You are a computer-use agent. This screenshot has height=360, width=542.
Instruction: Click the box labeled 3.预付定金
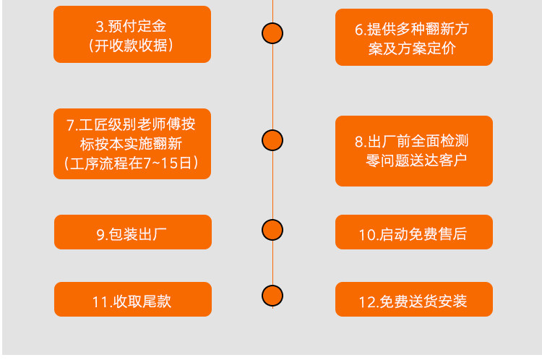pyautogui.click(x=132, y=34)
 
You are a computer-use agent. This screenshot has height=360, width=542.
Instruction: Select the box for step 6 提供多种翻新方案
pyautogui.click(x=414, y=37)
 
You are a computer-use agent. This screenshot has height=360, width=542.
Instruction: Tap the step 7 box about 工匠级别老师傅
pyautogui.click(x=132, y=144)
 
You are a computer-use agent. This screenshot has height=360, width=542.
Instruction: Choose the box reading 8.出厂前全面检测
pyautogui.click(x=414, y=151)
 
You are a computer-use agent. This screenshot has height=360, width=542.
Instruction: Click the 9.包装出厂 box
pyautogui.click(x=133, y=232)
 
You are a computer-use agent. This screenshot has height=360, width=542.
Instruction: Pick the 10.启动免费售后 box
pyautogui.click(x=414, y=232)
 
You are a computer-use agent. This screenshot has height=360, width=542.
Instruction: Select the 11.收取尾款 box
pyautogui.click(x=133, y=299)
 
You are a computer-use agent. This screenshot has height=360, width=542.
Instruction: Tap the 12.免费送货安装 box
pyautogui.click(x=414, y=299)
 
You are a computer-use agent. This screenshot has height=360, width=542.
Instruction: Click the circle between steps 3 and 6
pyautogui.click(x=272, y=33)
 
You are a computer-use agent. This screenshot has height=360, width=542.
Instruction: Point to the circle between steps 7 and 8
pyautogui.click(x=272, y=140)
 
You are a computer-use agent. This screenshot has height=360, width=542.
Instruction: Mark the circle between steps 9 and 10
pyautogui.click(x=272, y=230)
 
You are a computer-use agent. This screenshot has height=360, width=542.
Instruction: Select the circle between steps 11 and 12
pyautogui.click(x=272, y=296)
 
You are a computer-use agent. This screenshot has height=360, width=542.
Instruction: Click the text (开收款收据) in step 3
pyautogui.click(x=131, y=46)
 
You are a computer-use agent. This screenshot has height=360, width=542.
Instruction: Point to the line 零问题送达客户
pyautogui.click(x=416, y=160)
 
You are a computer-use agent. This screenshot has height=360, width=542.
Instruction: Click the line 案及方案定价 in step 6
pyautogui.click(x=412, y=48)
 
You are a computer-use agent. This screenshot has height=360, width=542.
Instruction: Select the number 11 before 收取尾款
pyautogui.click(x=100, y=302)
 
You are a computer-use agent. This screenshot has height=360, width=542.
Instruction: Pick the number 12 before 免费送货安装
pyautogui.click(x=366, y=302)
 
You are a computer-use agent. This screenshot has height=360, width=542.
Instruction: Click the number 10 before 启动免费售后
pyautogui.click(x=366, y=235)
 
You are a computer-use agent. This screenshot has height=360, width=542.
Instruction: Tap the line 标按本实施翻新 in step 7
pyautogui.click(x=131, y=144)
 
